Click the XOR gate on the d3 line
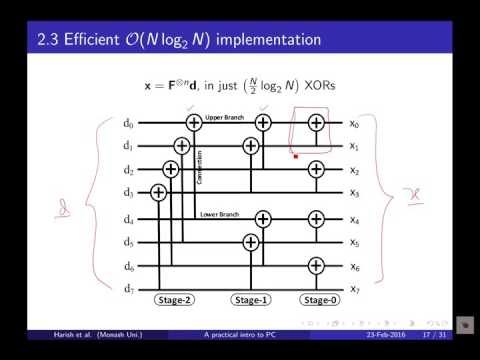click(x=157, y=193)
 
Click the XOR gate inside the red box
click(x=316, y=123)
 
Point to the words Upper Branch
click(x=225, y=117)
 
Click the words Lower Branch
click(x=219, y=213)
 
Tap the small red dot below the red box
click(x=296, y=156)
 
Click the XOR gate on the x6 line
click(x=316, y=265)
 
